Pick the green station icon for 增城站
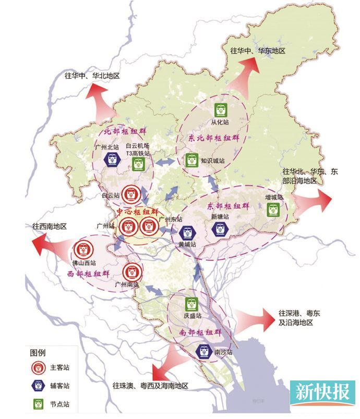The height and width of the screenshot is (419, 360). coord(273,210)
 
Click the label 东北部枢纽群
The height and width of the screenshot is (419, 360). coord(214,138)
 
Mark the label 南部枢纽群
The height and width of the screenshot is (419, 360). coord(200,332)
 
